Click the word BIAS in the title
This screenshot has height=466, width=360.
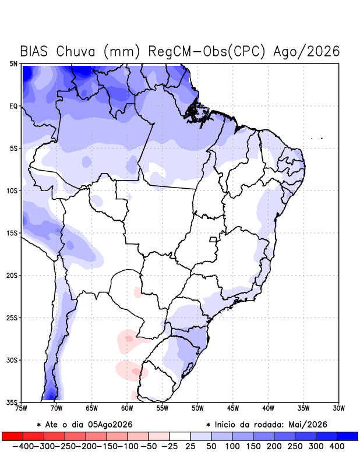pyautogui.click(x=34, y=51)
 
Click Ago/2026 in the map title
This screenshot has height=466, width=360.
pyautogui.click(x=306, y=51)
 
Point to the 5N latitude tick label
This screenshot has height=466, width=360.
pyautogui.click(x=13, y=63)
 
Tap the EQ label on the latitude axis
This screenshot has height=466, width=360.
pyautogui.click(x=13, y=106)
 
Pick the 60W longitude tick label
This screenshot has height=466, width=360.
pyautogui.click(x=127, y=408)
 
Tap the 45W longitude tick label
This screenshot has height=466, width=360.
pyautogui.click(x=233, y=408)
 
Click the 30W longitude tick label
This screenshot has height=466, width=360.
pyautogui.click(x=338, y=408)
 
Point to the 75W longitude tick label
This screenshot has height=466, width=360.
pyautogui.click(x=21, y=408)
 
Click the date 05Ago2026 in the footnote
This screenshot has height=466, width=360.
pyautogui.click(x=110, y=425)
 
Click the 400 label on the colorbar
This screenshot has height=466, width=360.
pyautogui.click(x=337, y=446)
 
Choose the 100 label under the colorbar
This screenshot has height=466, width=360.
pyautogui.click(x=232, y=446)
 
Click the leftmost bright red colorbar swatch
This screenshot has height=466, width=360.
pyautogui.click(x=12, y=436)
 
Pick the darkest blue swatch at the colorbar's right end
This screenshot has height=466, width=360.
pyautogui.click(x=348, y=436)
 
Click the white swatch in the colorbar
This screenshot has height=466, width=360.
pyautogui.click(x=180, y=436)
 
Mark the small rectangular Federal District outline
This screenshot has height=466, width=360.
pyautogui.click(x=213, y=239)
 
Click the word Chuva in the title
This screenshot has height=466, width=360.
pyautogui.click(x=76, y=51)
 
